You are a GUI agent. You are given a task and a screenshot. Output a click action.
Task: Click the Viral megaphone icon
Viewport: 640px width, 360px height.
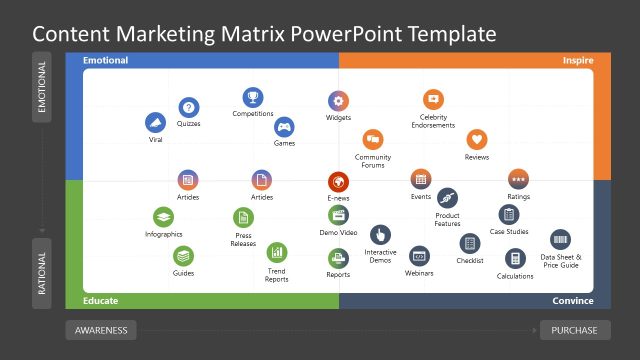point(155,123)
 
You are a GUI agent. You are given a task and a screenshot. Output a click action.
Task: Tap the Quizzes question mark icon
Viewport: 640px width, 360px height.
point(189,107)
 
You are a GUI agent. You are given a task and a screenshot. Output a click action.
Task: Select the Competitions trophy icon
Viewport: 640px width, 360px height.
point(253,97)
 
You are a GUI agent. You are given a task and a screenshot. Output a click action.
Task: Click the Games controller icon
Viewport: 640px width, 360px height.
point(284,127)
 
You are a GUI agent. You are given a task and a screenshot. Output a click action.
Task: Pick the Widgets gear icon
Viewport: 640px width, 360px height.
point(339,101)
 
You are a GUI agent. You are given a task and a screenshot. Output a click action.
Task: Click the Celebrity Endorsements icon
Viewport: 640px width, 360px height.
point(433,99)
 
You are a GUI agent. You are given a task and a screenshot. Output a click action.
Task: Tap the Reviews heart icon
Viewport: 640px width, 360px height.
point(477,140)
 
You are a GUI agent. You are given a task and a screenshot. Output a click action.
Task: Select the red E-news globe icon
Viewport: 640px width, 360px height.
point(339,182)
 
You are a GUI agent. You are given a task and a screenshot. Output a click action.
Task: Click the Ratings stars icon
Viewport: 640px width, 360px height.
point(518,179)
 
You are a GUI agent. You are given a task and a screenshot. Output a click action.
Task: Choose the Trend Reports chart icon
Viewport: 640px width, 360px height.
point(277,252)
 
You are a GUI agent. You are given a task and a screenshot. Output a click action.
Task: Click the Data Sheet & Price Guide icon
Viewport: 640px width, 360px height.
point(560,240)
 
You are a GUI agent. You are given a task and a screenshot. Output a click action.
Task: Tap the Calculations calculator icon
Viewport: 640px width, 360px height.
point(515,258)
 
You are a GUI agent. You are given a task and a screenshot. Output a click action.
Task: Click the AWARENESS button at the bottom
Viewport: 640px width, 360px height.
point(100,330)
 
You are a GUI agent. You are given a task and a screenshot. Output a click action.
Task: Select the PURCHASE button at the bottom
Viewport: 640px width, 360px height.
point(574,330)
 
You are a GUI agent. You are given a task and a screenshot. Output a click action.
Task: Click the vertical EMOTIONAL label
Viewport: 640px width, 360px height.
point(42,87)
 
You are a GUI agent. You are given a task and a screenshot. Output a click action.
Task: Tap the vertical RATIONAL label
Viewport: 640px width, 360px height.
point(42,272)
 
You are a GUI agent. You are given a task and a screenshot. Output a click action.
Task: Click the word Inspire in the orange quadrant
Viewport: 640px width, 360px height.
point(577,60)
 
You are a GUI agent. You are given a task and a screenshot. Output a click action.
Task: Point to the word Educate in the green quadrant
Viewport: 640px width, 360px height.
point(102,301)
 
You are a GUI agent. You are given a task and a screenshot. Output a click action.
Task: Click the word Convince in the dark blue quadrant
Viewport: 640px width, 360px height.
point(572,301)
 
